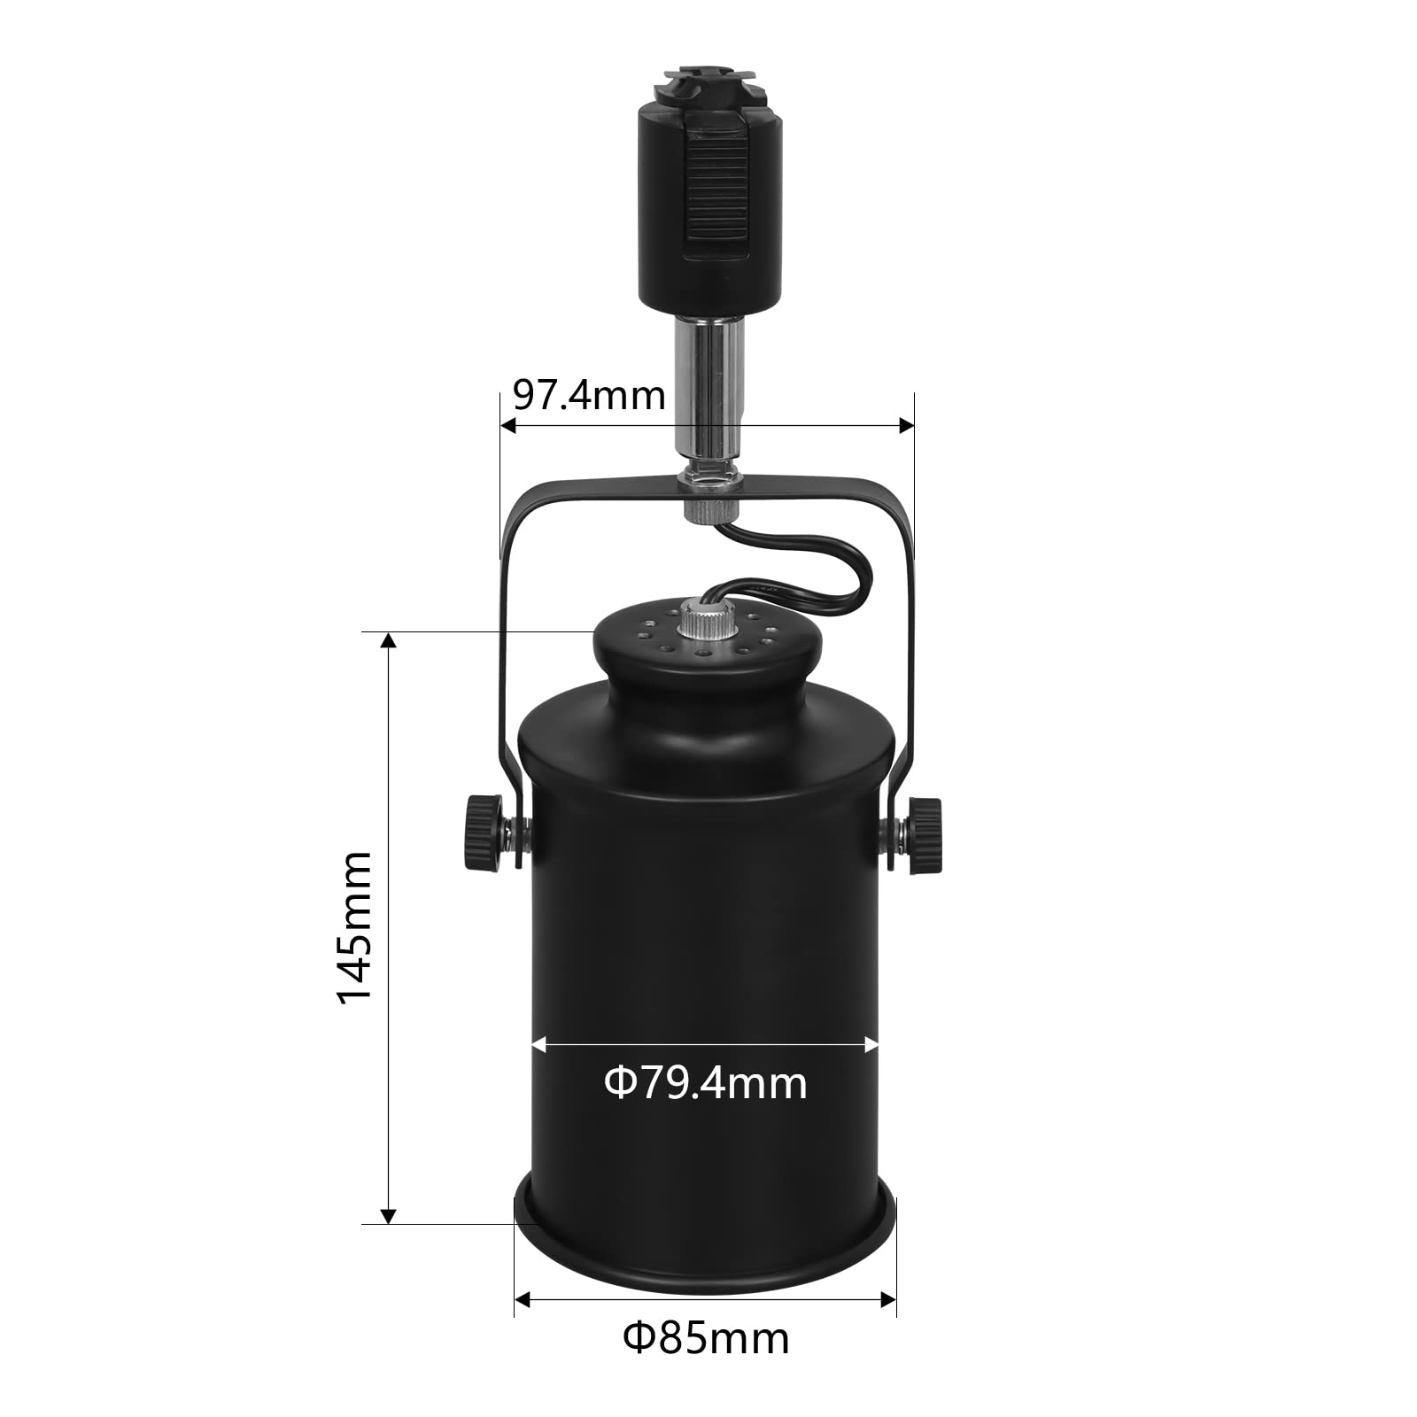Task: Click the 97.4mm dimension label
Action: (x=589, y=395)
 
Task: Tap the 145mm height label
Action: (x=355, y=927)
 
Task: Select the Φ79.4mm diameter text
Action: (x=706, y=1083)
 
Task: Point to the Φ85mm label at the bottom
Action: (x=706, y=1338)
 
